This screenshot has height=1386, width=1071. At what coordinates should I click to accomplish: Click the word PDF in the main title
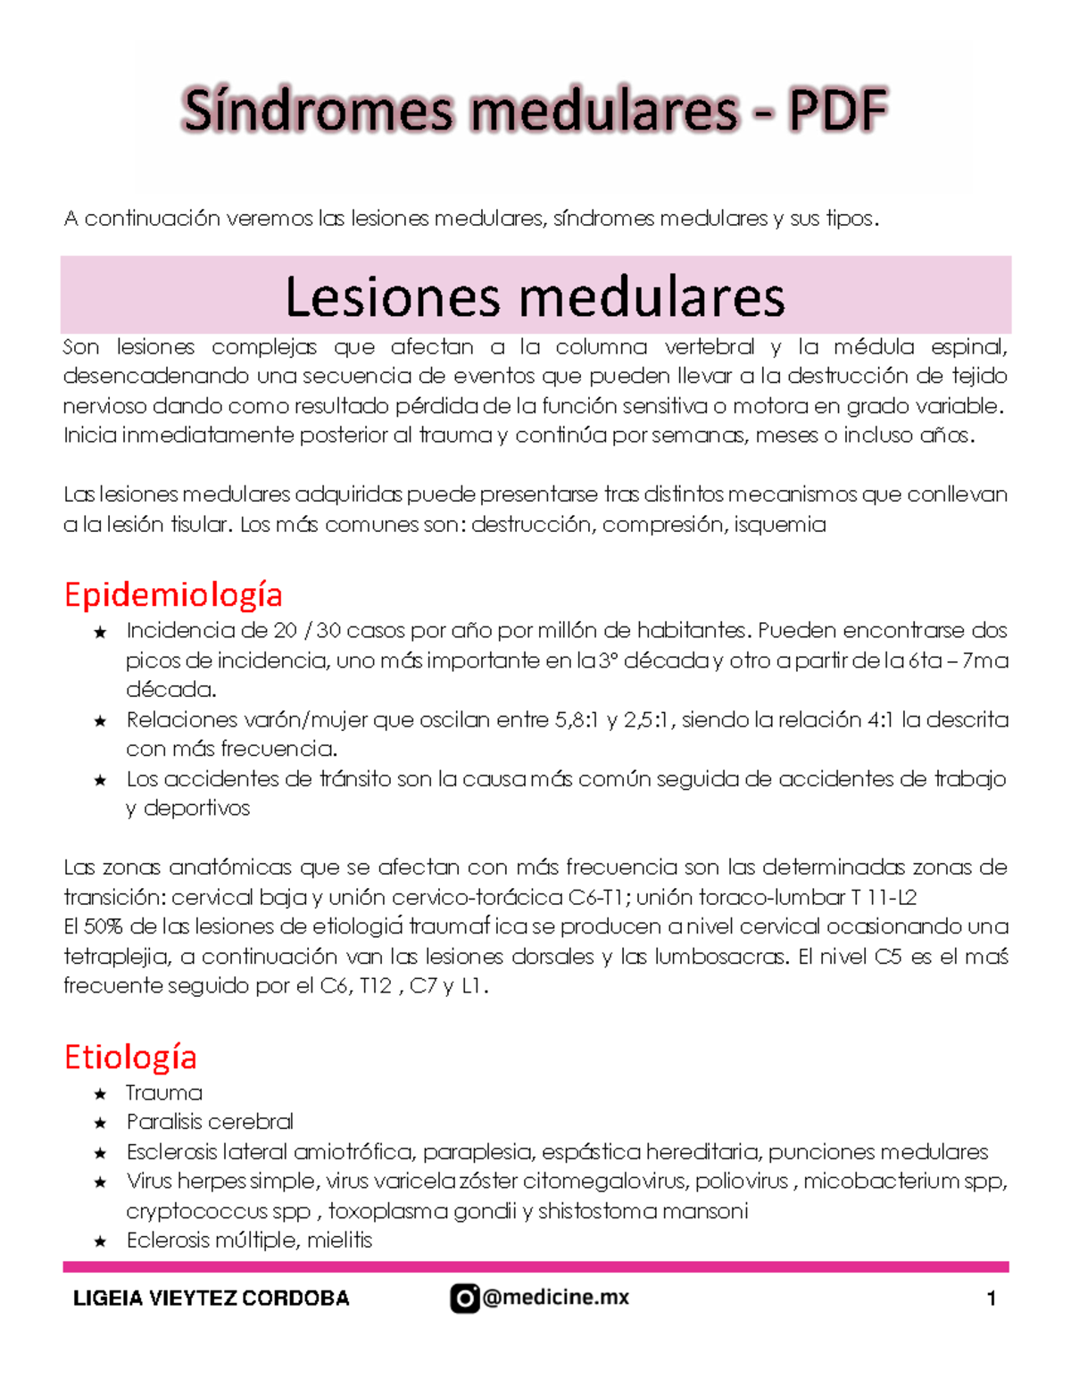click(x=837, y=111)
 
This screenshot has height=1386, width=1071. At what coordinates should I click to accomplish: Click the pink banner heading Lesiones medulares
click(x=535, y=297)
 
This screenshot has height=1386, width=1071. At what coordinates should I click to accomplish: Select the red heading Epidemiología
click(x=173, y=594)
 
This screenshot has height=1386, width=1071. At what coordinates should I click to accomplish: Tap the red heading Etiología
click(x=130, y=1057)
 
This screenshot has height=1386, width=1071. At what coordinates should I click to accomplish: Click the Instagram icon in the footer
click(x=464, y=1298)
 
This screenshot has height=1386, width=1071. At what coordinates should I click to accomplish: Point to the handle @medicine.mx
click(x=555, y=1298)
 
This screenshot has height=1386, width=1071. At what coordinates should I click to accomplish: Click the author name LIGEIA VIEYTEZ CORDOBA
click(x=211, y=1299)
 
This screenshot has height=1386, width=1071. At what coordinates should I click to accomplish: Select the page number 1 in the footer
click(x=991, y=1299)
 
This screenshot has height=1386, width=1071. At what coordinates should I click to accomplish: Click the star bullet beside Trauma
click(x=100, y=1094)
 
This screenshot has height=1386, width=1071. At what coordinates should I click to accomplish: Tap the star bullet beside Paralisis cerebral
click(x=100, y=1124)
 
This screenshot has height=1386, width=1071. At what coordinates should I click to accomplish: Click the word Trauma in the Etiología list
click(x=164, y=1093)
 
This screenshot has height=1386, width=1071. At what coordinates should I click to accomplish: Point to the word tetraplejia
click(x=116, y=957)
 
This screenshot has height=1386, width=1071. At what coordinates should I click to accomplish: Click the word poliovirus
click(x=742, y=1182)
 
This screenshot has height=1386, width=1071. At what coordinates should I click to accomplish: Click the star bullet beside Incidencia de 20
click(x=100, y=633)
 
